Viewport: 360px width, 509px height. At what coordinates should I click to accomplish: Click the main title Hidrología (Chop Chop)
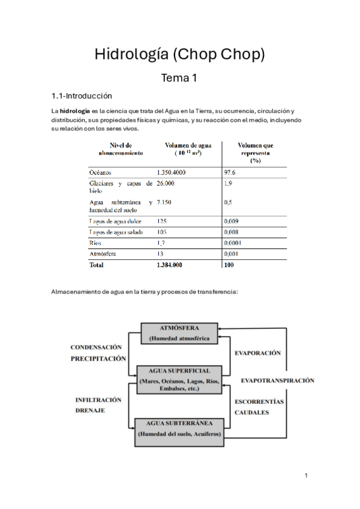point(179,55)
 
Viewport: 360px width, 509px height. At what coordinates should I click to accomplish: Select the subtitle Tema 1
point(179,77)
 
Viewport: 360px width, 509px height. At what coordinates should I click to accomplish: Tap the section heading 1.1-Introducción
point(82,95)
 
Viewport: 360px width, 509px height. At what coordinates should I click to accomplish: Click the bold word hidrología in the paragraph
point(74,111)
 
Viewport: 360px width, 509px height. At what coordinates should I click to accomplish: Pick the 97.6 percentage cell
point(230,172)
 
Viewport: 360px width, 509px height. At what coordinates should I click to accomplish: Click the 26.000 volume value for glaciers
point(166,184)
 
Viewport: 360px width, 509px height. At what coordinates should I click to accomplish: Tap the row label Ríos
point(95,243)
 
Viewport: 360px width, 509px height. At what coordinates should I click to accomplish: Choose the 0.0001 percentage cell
point(233,243)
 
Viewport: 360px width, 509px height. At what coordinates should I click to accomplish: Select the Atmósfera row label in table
point(102,253)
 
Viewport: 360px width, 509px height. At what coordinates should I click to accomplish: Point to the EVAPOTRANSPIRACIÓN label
point(278,381)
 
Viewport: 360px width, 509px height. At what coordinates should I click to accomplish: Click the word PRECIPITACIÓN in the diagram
point(98,358)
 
